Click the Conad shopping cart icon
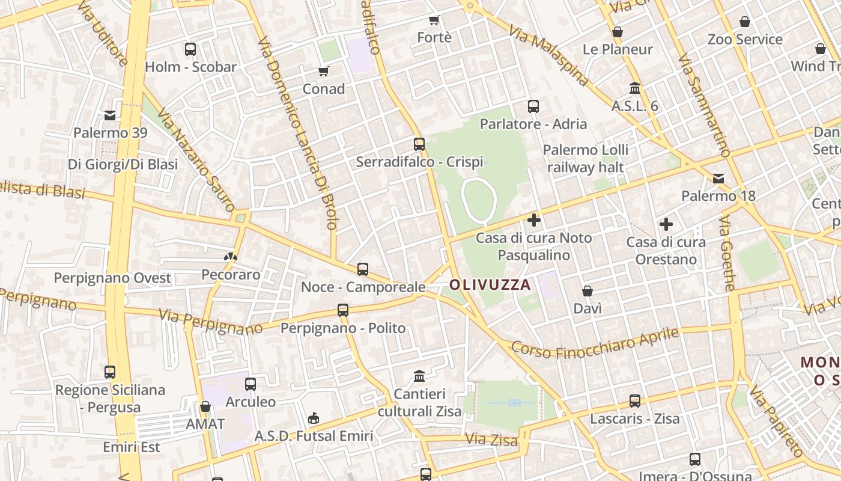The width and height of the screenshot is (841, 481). click(323, 72)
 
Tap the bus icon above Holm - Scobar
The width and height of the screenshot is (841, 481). click(190, 49)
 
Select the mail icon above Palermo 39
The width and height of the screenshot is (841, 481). click(110, 115)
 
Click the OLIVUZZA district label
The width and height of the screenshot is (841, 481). click(490, 284)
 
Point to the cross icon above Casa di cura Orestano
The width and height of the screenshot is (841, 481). click(666, 224)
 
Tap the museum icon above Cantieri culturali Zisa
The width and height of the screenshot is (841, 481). click(419, 376)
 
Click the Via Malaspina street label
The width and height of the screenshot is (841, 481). click(548, 55)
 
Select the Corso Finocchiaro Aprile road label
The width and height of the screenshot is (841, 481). click(595, 343)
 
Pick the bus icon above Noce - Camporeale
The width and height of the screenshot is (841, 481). click(362, 269)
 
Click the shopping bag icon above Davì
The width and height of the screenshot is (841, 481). click(587, 291)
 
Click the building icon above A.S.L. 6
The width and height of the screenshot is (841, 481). click(635, 88)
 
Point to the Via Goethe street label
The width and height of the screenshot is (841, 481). click(727, 253)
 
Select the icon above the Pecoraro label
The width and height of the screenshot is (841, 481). click(231, 257)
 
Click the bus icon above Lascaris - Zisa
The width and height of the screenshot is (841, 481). click(634, 400)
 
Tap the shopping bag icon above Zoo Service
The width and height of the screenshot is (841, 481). click(745, 22)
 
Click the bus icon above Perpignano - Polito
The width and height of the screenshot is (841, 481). click(342, 310)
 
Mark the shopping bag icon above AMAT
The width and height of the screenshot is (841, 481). click(205, 406)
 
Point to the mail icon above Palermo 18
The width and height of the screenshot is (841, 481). click(718, 178)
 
